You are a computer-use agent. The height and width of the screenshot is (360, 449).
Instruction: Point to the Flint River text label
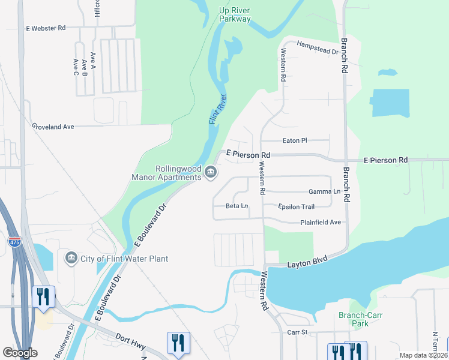coord(217,109)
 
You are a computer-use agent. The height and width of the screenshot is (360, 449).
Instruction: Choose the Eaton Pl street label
coord(295,140)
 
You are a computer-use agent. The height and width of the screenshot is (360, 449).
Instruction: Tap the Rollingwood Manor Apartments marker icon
coord(211,173)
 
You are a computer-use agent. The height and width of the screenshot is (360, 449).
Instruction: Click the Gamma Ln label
coord(324,191)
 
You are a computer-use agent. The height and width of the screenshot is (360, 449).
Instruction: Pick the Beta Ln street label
coord(237,206)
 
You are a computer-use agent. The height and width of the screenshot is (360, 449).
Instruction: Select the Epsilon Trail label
coord(296,207)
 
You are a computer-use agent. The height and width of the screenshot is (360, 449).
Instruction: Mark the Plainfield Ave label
coord(321,222)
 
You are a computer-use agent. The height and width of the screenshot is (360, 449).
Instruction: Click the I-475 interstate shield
coord(15,241)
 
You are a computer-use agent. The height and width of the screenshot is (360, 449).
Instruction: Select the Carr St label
coord(297,332)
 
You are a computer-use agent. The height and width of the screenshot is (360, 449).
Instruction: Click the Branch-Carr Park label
coord(361,319)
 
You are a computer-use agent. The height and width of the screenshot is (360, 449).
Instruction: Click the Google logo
coord(20,353)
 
